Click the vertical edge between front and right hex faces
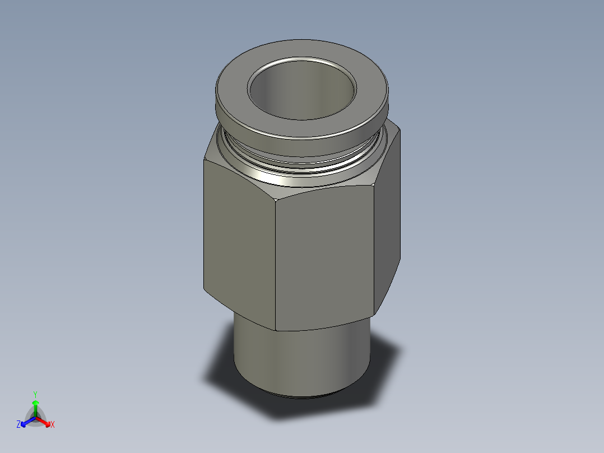click(x=374, y=252)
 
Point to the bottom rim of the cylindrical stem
click(x=303, y=397)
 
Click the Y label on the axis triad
click(x=35, y=394)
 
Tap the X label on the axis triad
click(x=53, y=425)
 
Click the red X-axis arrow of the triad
click(x=45, y=422)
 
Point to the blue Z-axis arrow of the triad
click(x=25, y=422)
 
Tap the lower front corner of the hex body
click(x=276, y=330)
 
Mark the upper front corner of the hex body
click(x=275, y=198)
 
